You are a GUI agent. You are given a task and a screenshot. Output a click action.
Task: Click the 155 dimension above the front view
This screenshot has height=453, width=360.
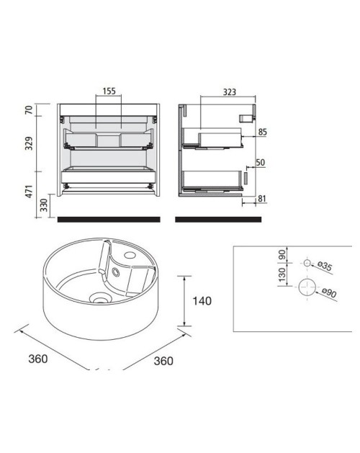pyautogui.click(x=109, y=91)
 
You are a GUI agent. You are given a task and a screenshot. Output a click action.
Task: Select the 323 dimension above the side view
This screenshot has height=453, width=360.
pyautogui.click(x=230, y=92)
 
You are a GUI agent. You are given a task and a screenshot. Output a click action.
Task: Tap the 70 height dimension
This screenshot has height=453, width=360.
pyautogui.click(x=29, y=110)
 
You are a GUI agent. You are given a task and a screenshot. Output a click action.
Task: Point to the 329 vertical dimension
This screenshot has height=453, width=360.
pyautogui.click(x=29, y=143)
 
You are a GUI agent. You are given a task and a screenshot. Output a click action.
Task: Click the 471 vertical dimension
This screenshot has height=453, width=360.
pyautogui.click(x=29, y=192)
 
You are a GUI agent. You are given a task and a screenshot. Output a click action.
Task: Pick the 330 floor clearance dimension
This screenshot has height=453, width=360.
pyautogui.click(x=44, y=205)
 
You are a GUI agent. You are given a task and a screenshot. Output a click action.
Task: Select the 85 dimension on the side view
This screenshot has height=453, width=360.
pyautogui.click(x=262, y=132)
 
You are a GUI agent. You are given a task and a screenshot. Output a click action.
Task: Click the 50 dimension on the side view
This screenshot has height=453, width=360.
pyautogui.click(x=261, y=162)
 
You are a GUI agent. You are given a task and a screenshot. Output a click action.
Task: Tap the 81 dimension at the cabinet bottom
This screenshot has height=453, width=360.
pyautogui.click(x=262, y=199)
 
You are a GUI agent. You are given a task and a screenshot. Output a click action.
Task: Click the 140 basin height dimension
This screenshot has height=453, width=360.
pyautogui.click(x=202, y=301)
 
